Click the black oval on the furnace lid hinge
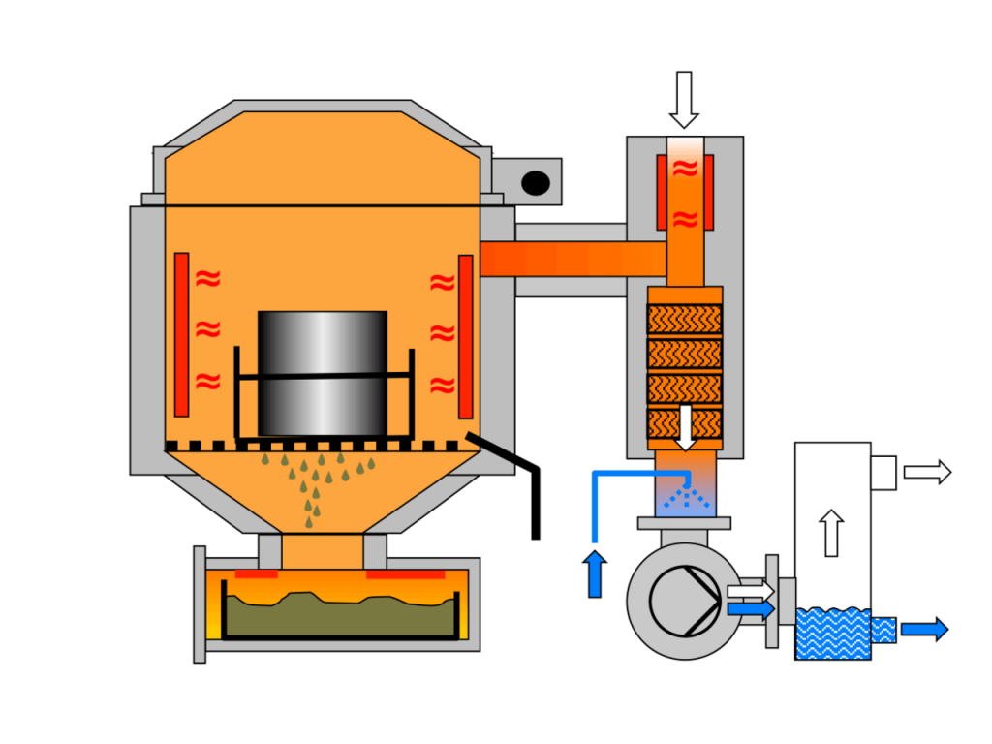535,182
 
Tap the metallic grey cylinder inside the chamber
323,373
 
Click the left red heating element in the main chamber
181,334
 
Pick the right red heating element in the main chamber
466,334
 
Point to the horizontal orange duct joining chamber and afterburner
572,259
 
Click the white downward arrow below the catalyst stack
686,427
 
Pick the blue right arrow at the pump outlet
750,609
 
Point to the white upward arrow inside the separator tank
830,533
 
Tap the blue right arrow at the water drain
924,630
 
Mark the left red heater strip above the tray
256,574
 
